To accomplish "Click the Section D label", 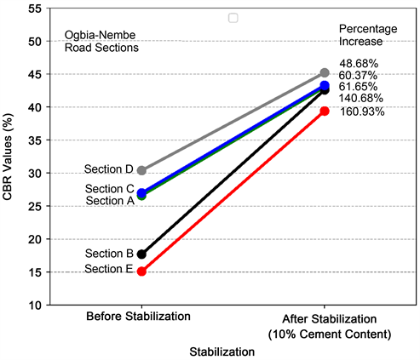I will [x=109, y=170].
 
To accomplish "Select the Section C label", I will [x=109, y=189].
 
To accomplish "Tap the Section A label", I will [x=109, y=201].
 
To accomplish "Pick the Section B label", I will [x=109, y=254].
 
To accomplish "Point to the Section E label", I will [x=109, y=270].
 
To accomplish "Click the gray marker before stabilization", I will [x=141, y=170].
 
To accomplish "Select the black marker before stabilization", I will [x=141, y=254].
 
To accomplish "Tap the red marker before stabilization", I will [x=141, y=271].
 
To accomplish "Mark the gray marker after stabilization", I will [x=324, y=73].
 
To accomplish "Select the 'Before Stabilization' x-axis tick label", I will [x=137, y=317].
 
